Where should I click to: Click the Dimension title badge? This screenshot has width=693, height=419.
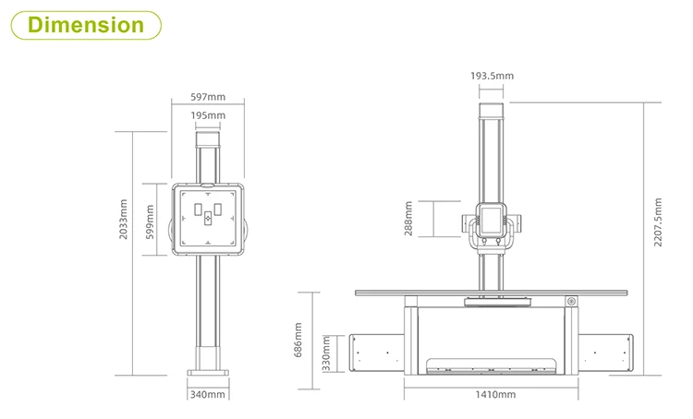[86, 25]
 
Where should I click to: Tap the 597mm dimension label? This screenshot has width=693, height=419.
[208, 97]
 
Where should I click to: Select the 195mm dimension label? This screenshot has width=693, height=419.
[208, 115]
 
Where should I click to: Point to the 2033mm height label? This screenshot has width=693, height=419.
[123, 220]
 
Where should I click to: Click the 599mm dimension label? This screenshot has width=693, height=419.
[150, 222]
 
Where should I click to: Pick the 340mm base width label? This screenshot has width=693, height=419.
[208, 394]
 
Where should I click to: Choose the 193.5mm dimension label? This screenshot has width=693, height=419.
[492, 76]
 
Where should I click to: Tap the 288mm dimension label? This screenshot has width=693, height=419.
[408, 219]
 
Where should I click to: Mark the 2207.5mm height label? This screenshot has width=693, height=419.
[658, 222]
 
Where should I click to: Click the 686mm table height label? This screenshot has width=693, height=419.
[298, 340]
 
